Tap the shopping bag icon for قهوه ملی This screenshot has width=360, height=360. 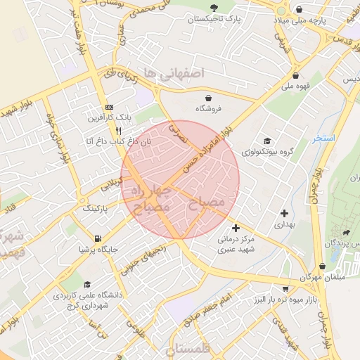[x=295, y=76]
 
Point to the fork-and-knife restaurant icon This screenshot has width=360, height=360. [x=118, y=130]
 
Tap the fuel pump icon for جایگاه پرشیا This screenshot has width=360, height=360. [x=96, y=237]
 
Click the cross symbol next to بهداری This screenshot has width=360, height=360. [x=284, y=212]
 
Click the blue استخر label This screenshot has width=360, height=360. [x=326, y=139]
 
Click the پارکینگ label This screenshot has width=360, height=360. [x=96, y=209]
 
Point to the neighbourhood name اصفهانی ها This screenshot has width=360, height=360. [x=172, y=72]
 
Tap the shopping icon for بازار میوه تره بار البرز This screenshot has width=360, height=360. [x=285, y=288]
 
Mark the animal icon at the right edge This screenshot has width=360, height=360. [x=346, y=233]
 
